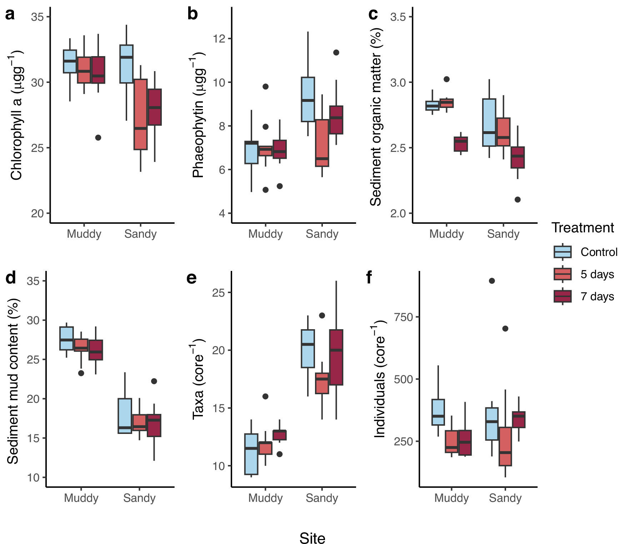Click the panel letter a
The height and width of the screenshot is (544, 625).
10,14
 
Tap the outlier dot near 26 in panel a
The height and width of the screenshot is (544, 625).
98,138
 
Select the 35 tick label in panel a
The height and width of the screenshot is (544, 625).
37,17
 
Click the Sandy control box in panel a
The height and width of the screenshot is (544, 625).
126,64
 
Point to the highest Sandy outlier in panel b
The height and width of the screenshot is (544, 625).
336,53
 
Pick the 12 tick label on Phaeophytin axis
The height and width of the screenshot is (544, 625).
219,39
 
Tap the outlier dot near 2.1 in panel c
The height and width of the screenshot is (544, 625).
517,199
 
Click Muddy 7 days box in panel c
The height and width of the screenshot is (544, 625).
461,144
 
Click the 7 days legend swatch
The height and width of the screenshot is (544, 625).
562,296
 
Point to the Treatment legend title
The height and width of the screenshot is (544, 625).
582,228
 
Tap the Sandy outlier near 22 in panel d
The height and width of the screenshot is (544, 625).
154,381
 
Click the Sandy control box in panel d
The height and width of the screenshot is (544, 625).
125,416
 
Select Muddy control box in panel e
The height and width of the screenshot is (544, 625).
251,454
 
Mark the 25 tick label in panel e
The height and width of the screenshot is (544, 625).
219,293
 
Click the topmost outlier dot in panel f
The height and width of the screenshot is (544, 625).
492,281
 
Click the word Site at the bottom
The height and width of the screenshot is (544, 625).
312,538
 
